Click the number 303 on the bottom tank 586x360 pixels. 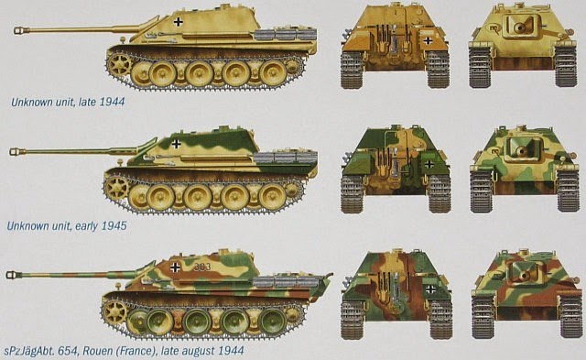click(x=202, y=267)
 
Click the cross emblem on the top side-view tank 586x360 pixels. click(x=179, y=22)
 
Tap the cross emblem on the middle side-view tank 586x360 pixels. click(x=176, y=144)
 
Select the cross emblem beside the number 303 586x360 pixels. click(x=175, y=267)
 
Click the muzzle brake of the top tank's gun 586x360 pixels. click(x=20, y=30)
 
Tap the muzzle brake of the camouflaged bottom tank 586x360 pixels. click(x=13, y=275)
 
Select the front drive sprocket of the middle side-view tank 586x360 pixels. click(x=115, y=187)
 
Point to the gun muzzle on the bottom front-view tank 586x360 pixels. click(x=524, y=277)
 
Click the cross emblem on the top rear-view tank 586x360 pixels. click(x=428, y=40)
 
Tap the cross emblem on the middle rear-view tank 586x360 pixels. click(x=429, y=164)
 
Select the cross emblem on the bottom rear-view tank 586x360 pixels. click(x=431, y=289)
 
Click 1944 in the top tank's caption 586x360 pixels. click(x=112, y=102)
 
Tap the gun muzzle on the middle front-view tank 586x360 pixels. click(x=520, y=150)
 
